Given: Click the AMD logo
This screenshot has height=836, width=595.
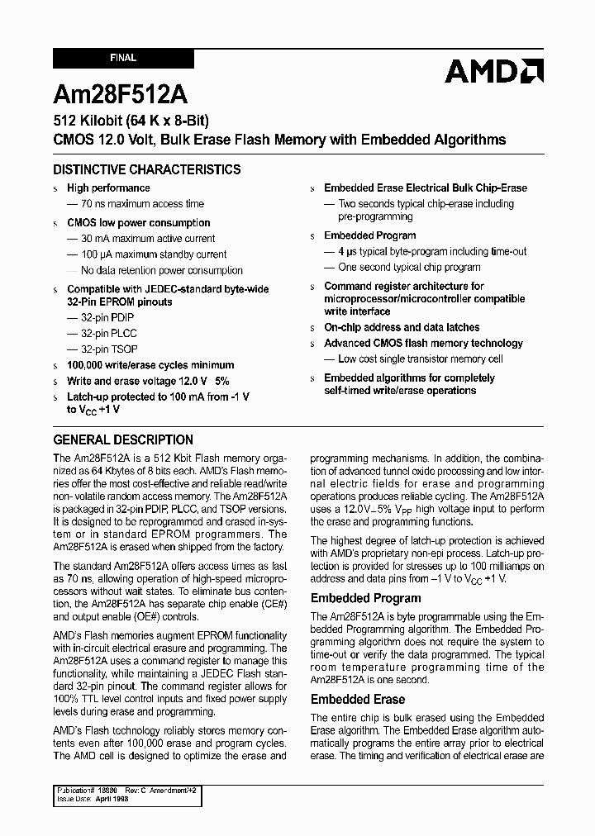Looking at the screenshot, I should [493, 72].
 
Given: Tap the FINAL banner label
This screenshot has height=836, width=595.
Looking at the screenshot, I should [123, 59].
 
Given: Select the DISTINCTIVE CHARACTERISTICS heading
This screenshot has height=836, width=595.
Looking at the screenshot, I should [147, 169].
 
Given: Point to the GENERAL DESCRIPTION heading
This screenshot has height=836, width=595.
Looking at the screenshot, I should [123, 439].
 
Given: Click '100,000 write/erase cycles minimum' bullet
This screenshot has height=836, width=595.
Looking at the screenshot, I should [150, 365].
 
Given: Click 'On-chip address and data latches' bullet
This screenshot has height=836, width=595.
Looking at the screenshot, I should [402, 327].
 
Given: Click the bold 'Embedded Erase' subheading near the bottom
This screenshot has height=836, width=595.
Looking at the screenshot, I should [358, 699].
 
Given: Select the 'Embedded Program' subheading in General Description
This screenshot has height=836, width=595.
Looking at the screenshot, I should [365, 597].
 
